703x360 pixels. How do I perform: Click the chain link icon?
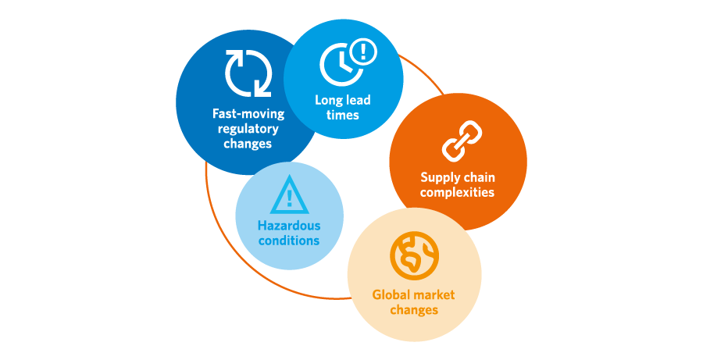(462, 141)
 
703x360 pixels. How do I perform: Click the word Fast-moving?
(248, 113)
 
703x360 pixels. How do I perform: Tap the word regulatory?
(248, 129)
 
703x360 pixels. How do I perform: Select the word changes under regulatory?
(248, 144)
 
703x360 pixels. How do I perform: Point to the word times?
(343, 115)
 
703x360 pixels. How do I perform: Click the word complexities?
(457, 192)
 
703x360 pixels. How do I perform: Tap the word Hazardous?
(289, 226)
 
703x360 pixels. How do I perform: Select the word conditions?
(289, 241)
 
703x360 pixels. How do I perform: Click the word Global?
(387, 295)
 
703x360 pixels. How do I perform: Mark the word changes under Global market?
(414, 310)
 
